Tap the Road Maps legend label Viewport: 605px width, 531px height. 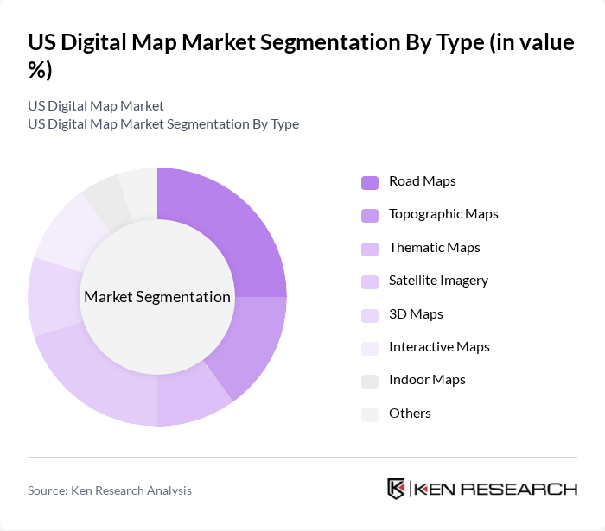(422, 181)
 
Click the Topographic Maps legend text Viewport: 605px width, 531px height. (443, 214)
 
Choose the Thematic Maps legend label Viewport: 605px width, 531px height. (434, 247)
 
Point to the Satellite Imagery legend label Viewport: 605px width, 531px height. (438, 281)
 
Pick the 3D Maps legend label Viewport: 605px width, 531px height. (416, 313)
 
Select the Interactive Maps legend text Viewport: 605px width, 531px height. (439, 347)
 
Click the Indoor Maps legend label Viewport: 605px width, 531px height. (427, 380)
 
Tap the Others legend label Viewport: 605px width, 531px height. (410, 414)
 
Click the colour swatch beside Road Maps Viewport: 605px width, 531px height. (369, 182)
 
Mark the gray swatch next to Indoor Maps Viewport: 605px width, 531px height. (369, 381)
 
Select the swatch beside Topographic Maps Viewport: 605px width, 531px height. (369, 215)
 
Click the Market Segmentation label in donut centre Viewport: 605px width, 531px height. (157, 297)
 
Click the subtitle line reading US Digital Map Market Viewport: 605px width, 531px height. (96, 105)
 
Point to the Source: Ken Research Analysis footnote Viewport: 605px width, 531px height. (110, 490)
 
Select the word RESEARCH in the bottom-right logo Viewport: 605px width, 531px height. (528, 489)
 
